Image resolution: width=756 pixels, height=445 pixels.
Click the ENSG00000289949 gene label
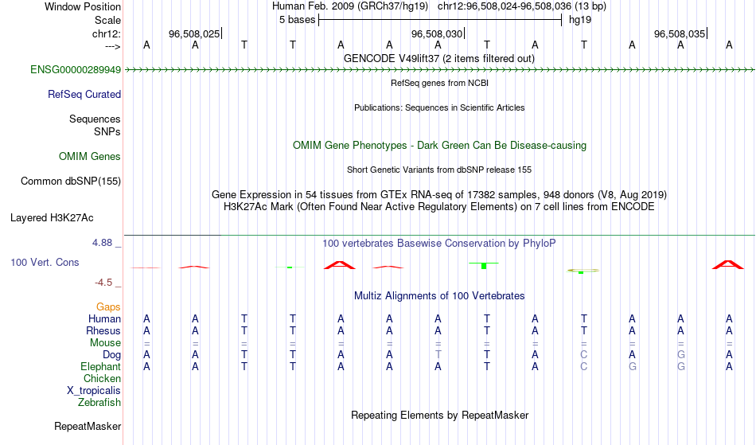(x=76, y=70)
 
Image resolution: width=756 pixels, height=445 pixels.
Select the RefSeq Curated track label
(x=84, y=95)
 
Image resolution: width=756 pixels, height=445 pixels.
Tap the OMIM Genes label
(x=90, y=157)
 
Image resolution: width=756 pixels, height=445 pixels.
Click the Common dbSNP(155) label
(x=71, y=182)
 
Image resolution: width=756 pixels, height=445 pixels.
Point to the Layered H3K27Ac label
(x=52, y=218)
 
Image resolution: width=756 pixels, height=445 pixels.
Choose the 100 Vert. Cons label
(x=45, y=262)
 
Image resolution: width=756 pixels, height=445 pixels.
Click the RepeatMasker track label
(x=88, y=427)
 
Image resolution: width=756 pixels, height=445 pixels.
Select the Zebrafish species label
(x=99, y=403)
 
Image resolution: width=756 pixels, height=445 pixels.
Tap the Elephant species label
(x=101, y=367)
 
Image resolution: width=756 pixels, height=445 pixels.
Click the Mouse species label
(x=105, y=343)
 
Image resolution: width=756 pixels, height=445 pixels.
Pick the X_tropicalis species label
(x=94, y=391)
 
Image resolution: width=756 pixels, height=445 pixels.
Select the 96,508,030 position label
(x=437, y=33)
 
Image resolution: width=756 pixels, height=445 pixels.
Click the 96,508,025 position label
(x=194, y=33)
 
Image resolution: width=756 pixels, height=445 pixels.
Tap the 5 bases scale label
(x=297, y=20)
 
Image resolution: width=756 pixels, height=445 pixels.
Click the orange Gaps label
(x=108, y=307)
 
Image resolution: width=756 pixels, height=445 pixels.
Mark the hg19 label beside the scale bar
(x=580, y=20)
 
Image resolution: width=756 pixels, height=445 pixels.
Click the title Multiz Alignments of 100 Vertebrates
(x=439, y=296)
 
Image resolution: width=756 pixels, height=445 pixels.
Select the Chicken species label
(x=102, y=379)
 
